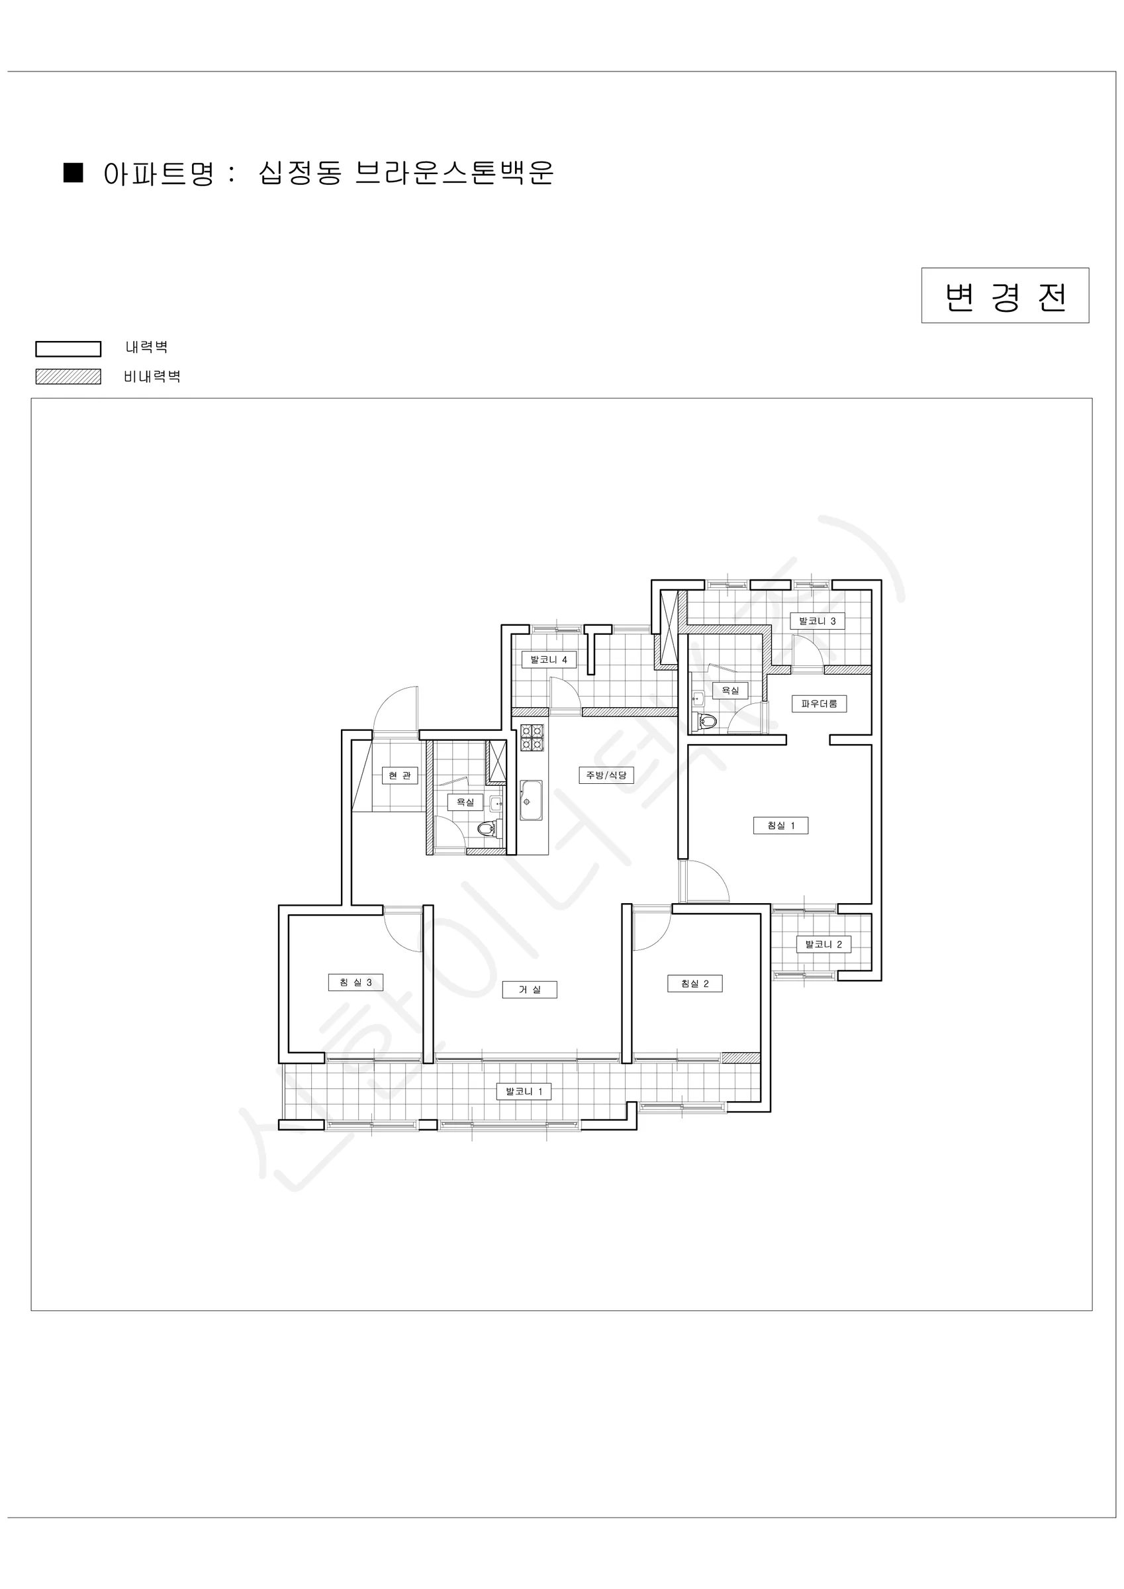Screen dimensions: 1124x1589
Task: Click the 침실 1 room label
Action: (780, 826)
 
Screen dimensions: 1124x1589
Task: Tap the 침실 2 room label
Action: (695, 983)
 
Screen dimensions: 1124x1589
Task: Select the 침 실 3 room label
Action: (355, 982)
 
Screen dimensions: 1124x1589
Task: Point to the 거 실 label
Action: (530, 990)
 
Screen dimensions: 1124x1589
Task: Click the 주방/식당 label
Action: (606, 775)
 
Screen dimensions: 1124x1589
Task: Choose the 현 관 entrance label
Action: (400, 775)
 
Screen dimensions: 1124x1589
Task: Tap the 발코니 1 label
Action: (524, 1091)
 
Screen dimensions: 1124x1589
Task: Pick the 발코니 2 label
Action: (823, 944)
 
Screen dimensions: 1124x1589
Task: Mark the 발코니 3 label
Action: (818, 621)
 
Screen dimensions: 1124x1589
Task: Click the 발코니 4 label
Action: (549, 659)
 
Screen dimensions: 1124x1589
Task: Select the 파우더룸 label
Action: (820, 704)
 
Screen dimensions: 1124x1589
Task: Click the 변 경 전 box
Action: (1005, 295)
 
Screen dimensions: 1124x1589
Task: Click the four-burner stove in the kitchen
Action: (532, 738)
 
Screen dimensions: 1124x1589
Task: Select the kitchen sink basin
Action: (532, 800)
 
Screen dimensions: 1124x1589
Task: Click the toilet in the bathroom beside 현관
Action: (488, 828)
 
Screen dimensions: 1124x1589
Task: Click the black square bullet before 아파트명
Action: (73, 173)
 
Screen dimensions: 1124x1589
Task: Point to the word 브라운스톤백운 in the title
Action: (454, 173)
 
